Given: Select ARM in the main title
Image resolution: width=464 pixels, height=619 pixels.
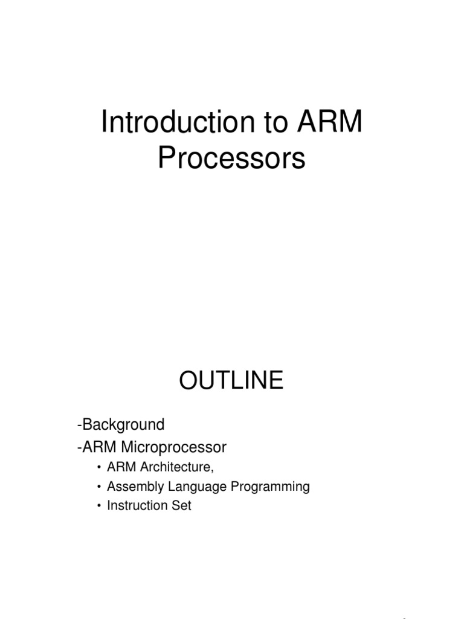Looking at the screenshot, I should [330, 123].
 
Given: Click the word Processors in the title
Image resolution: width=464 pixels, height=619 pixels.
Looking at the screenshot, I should [232, 158].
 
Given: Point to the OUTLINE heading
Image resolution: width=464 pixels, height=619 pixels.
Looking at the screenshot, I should [231, 381].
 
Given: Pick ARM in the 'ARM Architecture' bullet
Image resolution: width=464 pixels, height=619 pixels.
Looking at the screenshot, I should [119, 467].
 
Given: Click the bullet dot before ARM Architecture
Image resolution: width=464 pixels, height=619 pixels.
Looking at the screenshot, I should [98, 468].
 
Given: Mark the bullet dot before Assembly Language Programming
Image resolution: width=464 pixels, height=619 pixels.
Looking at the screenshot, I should [98, 487].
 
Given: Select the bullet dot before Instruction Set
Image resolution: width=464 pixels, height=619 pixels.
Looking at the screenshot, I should [98, 506].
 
